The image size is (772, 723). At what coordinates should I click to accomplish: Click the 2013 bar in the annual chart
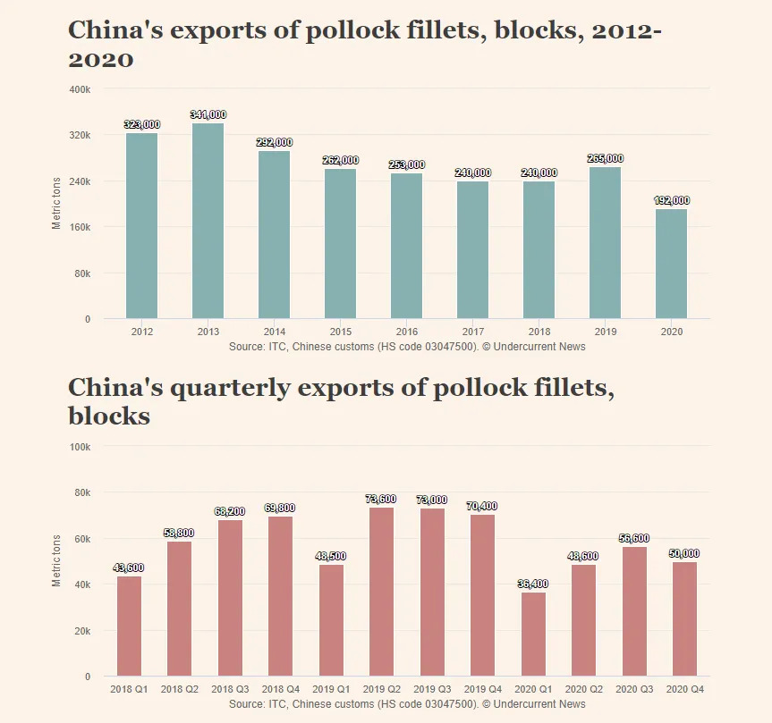[x=208, y=221]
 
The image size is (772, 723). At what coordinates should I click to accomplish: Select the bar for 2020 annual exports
[x=672, y=264]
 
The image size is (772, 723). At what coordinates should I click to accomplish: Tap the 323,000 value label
[x=142, y=125]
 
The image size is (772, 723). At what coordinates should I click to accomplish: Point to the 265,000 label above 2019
[x=606, y=159]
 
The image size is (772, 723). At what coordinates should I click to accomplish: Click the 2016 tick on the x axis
[x=407, y=332]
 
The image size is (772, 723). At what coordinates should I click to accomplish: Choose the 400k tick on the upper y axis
[x=80, y=89]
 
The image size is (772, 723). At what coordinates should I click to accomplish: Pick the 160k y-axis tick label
[x=80, y=227]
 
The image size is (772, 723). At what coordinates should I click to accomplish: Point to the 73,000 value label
[x=432, y=500]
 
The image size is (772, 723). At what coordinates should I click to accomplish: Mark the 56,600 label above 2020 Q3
[x=634, y=539]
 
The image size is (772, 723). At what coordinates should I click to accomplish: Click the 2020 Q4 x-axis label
[x=684, y=689]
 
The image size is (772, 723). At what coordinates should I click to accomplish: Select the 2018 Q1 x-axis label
[x=129, y=689]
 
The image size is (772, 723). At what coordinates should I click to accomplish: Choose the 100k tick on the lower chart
[x=80, y=446]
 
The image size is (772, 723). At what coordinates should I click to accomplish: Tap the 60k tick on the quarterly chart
[x=81, y=538]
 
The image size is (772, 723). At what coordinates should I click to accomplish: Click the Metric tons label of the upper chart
[x=56, y=204]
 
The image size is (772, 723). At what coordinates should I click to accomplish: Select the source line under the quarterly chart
[x=407, y=704]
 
